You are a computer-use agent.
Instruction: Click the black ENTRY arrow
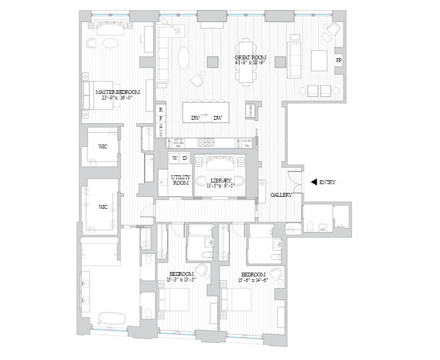(x=314, y=182)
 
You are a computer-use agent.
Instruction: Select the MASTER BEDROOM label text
(x=117, y=92)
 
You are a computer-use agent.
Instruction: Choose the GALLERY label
(x=280, y=195)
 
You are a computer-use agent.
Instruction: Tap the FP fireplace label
(x=339, y=60)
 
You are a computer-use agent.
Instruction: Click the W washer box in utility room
(x=175, y=158)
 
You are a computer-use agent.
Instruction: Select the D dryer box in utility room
(x=185, y=158)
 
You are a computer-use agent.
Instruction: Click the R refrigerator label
(x=161, y=110)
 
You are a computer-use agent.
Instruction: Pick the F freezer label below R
(x=161, y=118)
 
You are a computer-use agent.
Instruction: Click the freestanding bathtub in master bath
(x=113, y=318)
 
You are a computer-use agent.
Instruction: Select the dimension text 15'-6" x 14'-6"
(x=252, y=280)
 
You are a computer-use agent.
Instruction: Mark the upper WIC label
(x=102, y=147)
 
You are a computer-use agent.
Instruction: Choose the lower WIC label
(x=102, y=207)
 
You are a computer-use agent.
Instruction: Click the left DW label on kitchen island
(x=195, y=118)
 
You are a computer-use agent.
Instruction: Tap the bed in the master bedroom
(x=99, y=96)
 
